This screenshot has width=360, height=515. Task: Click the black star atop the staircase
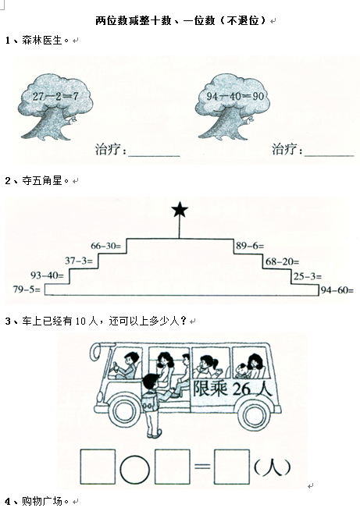click(x=180, y=210)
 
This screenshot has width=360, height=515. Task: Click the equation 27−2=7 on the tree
click(x=55, y=96)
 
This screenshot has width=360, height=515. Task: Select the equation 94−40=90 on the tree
click(x=235, y=96)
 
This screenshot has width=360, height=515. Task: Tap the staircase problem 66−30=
click(x=106, y=246)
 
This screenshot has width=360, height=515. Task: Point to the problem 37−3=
click(x=79, y=261)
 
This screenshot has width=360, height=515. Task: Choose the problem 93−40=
click(x=47, y=275)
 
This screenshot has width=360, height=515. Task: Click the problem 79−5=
click(x=27, y=289)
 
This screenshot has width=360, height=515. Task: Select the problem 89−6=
click(x=250, y=246)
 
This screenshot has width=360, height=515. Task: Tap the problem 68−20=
click(x=282, y=261)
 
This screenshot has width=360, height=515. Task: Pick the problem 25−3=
click(x=308, y=276)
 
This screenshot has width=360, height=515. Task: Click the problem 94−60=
click(x=337, y=290)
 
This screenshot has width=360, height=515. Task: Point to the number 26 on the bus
click(x=241, y=389)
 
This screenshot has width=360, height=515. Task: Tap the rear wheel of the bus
click(x=254, y=414)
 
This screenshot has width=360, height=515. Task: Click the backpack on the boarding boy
click(x=150, y=402)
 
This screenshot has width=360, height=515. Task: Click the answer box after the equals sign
click(x=231, y=467)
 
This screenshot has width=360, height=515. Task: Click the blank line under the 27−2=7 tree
click(x=154, y=156)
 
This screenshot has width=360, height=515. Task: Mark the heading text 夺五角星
click(x=41, y=180)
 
